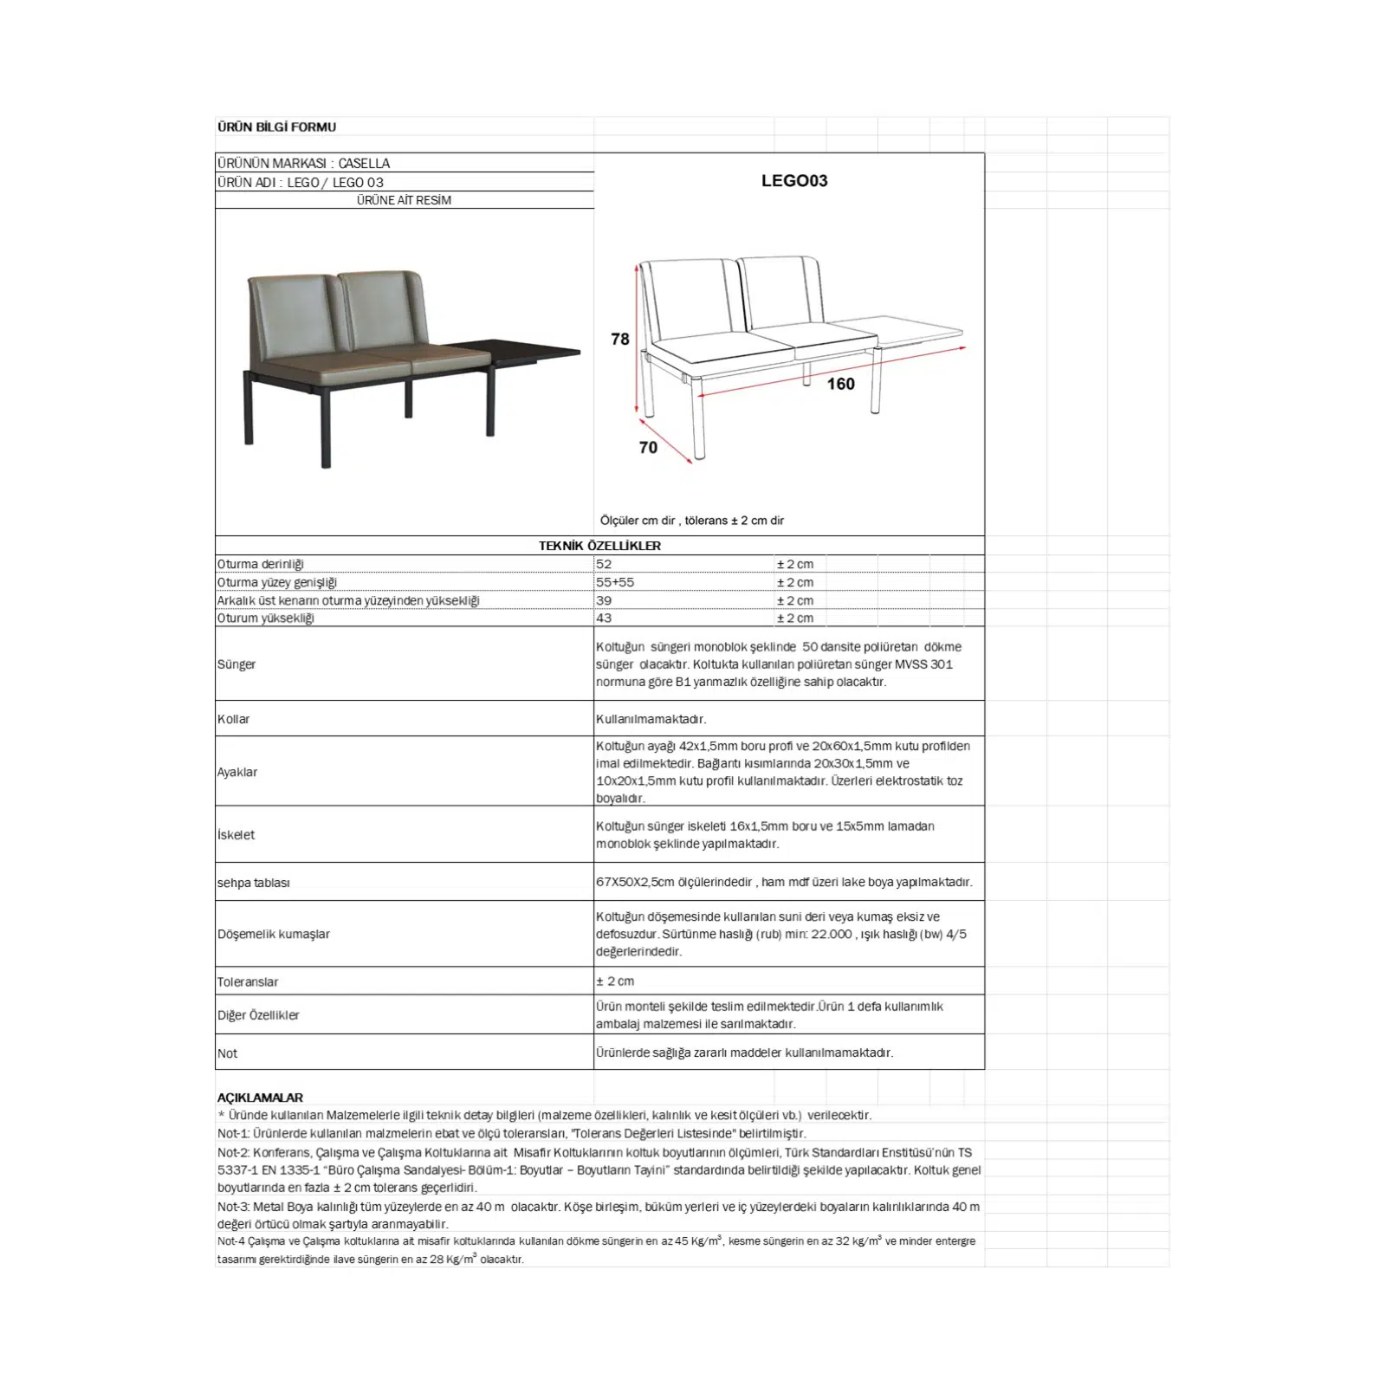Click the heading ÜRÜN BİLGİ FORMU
click(x=276, y=126)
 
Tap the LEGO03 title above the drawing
click(x=794, y=181)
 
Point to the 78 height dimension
click(x=620, y=339)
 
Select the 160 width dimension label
click(x=840, y=384)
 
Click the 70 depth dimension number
click(x=648, y=447)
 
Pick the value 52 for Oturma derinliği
click(x=604, y=564)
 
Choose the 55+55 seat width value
click(x=615, y=582)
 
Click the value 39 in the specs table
click(x=604, y=600)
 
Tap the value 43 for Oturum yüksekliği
click(x=604, y=618)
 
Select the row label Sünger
click(x=236, y=664)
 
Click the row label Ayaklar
click(x=237, y=772)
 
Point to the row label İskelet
click(x=236, y=835)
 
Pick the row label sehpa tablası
click(x=254, y=883)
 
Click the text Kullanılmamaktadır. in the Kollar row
click(x=651, y=719)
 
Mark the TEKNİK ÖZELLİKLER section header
click(x=599, y=546)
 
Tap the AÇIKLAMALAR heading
click(x=260, y=1098)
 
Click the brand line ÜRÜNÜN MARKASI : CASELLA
click(x=303, y=163)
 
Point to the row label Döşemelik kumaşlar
click(x=274, y=934)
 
